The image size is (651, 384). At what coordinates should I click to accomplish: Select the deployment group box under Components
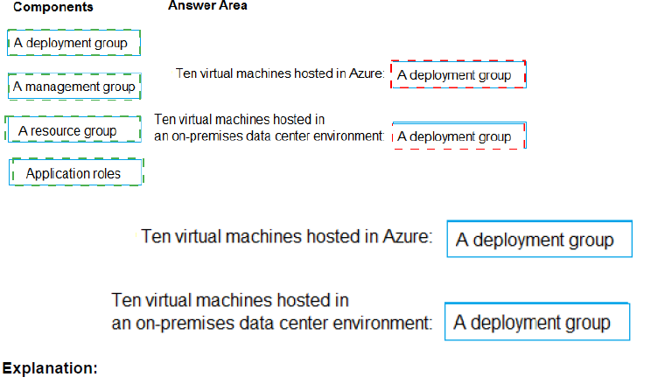(x=73, y=42)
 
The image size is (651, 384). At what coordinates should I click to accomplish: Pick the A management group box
(x=74, y=87)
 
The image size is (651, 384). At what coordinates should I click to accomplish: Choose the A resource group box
(x=73, y=131)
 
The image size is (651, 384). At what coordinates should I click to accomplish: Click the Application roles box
(x=75, y=173)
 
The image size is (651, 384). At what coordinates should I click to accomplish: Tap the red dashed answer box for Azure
(x=458, y=75)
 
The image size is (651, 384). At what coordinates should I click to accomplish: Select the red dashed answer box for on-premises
(x=458, y=136)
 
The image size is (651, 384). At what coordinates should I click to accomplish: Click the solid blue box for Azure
(x=539, y=240)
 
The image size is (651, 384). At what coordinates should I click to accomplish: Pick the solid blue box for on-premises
(x=536, y=322)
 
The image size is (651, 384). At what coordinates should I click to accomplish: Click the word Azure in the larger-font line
(x=402, y=236)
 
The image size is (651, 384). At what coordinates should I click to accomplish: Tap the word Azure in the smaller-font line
(x=364, y=74)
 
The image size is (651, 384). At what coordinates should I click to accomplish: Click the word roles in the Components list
(x=103, y=173)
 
